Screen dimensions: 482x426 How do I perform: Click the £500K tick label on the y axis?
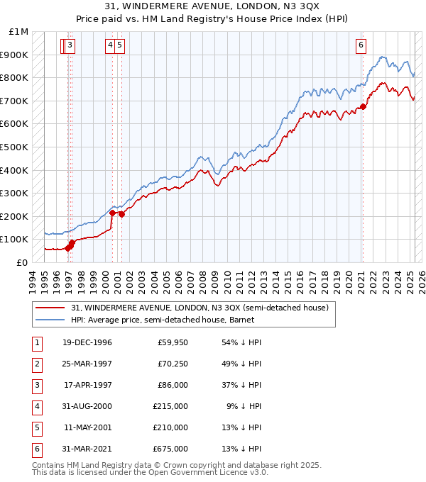[x=13, y=147]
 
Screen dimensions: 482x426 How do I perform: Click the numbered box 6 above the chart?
[x=361, y=45]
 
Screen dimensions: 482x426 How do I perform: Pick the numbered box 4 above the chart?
[x=111, y=45]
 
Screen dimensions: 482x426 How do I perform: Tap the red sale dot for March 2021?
[x=363, y=106]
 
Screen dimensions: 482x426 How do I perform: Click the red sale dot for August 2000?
[x=113, y=213]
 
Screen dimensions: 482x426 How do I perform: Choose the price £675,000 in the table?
[x=172, y=448]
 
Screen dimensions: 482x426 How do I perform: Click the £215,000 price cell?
[x=172, y=406]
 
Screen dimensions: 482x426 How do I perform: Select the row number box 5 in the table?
[x=36, y=427]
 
